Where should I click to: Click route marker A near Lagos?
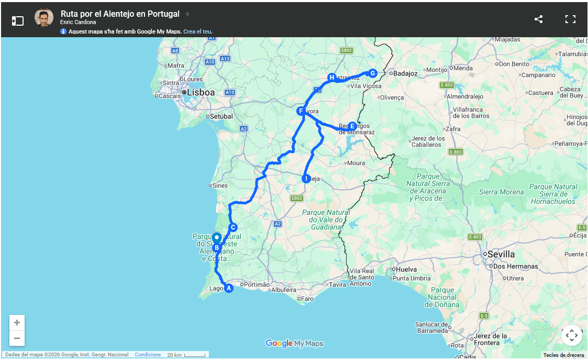tap(228, 288)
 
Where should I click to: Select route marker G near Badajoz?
tap(372, 73)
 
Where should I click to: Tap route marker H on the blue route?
tap(331, 78)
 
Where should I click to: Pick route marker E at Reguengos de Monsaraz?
tap(352, 126)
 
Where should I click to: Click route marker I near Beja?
tap(306, 179)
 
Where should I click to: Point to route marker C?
tap(233, 227)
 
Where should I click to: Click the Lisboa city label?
tap(201, 93)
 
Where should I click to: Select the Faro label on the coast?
tap(307, 299)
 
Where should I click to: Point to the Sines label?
tap(219, 186)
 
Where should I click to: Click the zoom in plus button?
tap(17, 323)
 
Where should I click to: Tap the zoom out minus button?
tap(17, 338)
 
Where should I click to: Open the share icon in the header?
tap(538, 19)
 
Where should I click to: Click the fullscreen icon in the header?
tap(570, 19)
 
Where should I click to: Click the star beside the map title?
tap(187, 14)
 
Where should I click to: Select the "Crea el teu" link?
tap(197, 31)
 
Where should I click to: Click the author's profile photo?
tap(44, 18)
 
